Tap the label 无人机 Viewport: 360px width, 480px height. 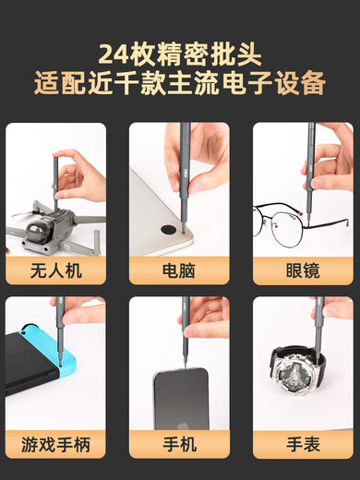click(55, 270)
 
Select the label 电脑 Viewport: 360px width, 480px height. click(179, 270)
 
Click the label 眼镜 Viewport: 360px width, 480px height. click(303, 270)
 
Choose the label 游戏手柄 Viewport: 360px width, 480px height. click(55, 444)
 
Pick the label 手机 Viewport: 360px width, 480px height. click(179, 444)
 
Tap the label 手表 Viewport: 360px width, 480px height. click(303, 444)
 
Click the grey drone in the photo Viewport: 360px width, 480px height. click(51, 227)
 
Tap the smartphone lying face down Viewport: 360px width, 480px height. click(180, 397)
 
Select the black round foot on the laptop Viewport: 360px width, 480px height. click(172, 226)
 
